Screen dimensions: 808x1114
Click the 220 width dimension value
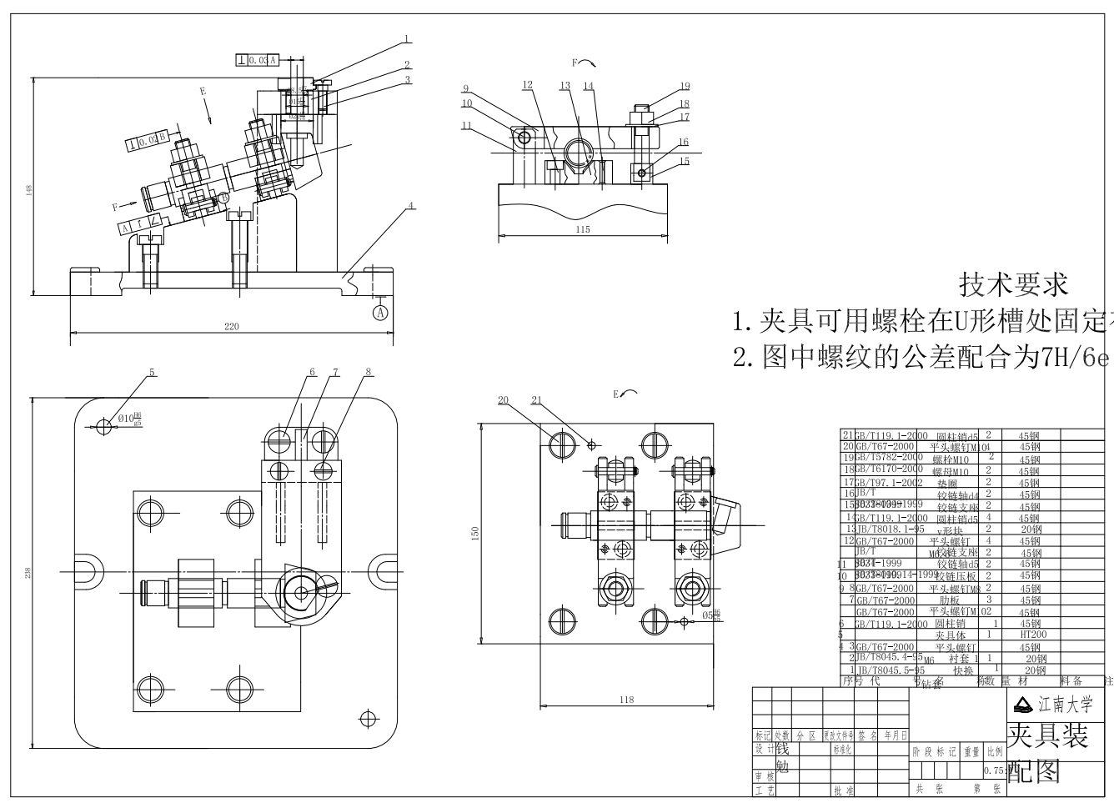tap(231, 326)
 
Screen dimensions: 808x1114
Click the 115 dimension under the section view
tap(582, 229)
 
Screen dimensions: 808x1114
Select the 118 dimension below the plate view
tap(627, 700)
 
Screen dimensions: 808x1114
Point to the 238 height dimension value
tap(28, 573)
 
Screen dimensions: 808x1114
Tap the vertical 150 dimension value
tap(475, 533)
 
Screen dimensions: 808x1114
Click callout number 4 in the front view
tap(410, 204)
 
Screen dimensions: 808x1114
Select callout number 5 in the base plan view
tap(152, 373)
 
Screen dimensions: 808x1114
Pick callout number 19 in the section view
tap(684, 86)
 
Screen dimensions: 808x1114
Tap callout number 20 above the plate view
tap(503, 400)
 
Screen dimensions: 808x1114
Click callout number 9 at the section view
tap(466, 89)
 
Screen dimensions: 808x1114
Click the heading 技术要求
tap(1014, 284)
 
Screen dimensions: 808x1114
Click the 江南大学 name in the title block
tap(1065, 705)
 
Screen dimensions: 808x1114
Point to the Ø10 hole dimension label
tap(129, 419)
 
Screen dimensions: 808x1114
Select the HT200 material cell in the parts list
tap(1032, 635)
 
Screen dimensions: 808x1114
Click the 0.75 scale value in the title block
tap(994, 770)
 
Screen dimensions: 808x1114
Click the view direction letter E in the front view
tap(202, 90)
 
